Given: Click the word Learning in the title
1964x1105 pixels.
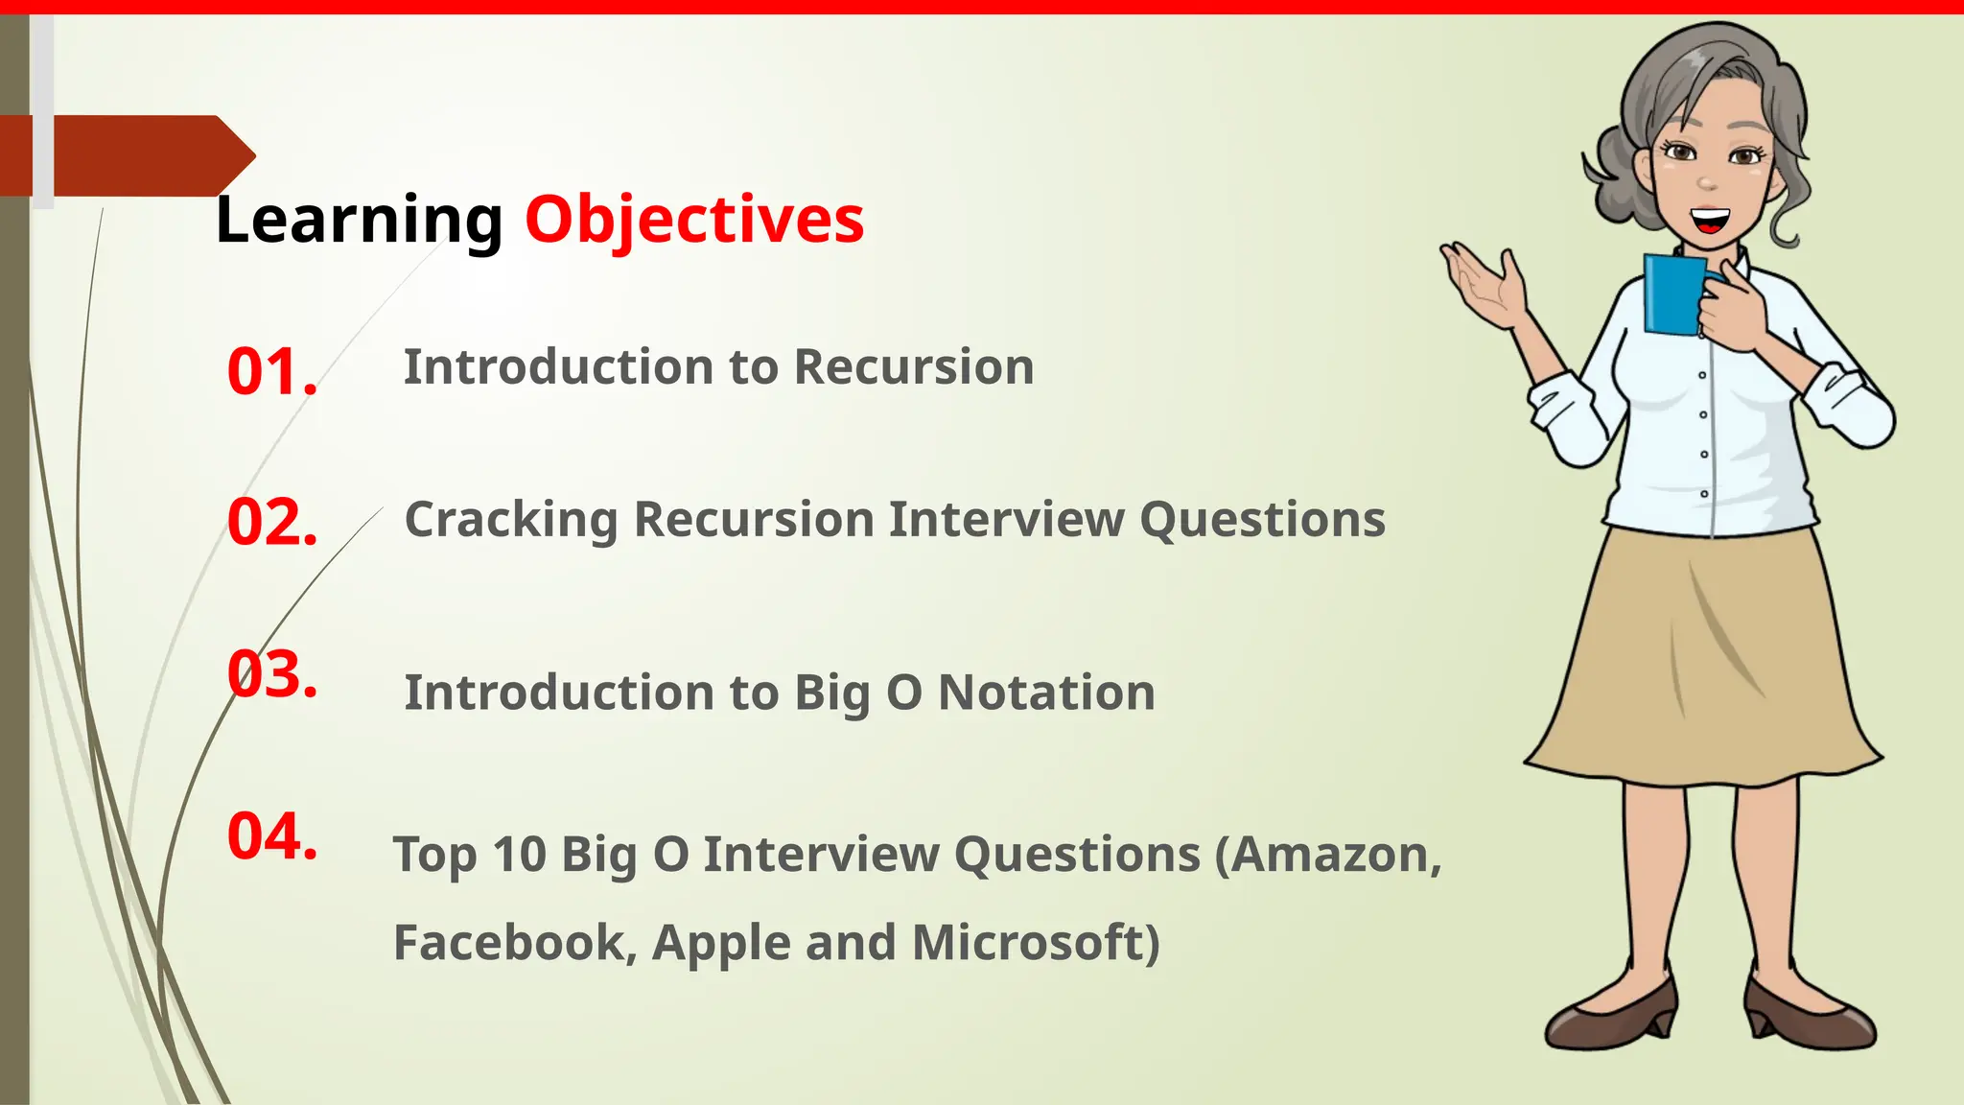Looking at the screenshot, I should (x=359, y=220).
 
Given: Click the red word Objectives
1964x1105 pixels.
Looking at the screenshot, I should (x=694, y=220).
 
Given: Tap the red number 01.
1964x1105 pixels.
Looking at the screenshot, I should (x=271, y=372).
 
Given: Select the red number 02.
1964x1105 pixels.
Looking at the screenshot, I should (x=271, y=523).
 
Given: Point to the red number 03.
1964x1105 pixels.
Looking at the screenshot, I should (x=271, y=674).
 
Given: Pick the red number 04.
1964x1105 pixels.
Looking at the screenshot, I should (x=271, y=835).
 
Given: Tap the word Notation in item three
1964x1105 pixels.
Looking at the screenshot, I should (x=1046, y=693).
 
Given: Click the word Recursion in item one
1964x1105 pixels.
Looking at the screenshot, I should (x=914, y=367).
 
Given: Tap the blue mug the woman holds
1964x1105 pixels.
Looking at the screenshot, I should (x=1673, y=294).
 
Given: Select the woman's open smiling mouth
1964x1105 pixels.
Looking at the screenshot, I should (x=1709, y=223).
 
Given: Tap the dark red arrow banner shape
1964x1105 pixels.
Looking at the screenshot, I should (x=144, y=155).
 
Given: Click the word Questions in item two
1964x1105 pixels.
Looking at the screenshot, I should (x=1262, y=520).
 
